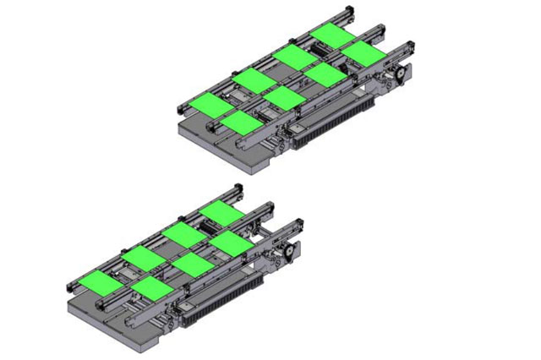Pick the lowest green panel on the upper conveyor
click(x=243, y=123)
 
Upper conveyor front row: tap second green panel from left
click(x=284, y=98)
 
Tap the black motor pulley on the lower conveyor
click(x=287, y=251)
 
